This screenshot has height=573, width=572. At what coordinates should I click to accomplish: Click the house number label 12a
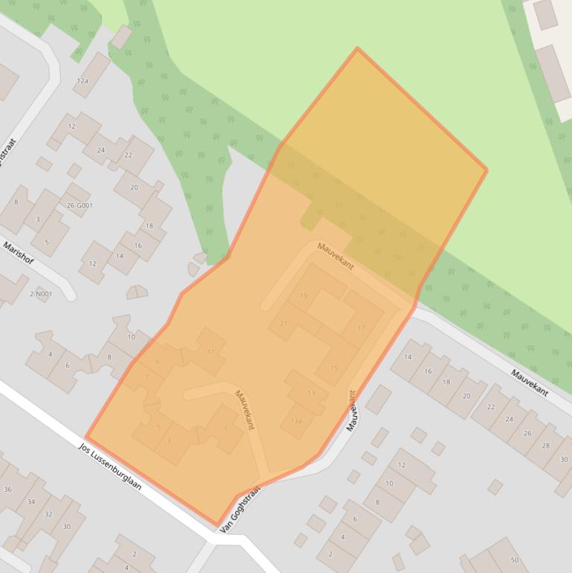[x=83, y=81]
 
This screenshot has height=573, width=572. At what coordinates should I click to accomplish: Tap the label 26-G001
[x=80, y=205]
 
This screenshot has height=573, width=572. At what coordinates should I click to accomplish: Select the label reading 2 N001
[x=41, y=294]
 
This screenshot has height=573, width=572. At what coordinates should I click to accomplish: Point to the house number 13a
[x=297, y=421]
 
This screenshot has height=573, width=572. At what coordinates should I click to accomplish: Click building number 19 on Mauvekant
[x=303, y=295]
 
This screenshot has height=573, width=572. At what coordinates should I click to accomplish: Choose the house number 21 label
[x=283, y=324]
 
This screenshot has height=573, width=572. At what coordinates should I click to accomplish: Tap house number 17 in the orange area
[x=361, y=328]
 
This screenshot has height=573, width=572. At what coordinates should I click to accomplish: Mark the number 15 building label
[x=334, y=368]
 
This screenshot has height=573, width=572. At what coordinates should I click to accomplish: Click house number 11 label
[x=211, y=352]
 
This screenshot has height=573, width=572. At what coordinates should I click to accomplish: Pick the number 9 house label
[x=157, y=362]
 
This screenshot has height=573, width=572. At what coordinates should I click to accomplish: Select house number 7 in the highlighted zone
[x=147, y=377]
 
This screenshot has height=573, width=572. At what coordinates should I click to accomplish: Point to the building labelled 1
[x=225, y=429]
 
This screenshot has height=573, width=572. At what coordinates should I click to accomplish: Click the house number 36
[x=7, y=489]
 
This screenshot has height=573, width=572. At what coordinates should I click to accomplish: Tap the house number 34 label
[x=30, y=502]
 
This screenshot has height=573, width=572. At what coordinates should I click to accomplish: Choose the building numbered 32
[x=48, y=514]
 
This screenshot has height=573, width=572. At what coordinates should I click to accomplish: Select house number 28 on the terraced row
[x=546, y=446]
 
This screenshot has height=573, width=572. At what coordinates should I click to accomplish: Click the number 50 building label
[x=514, y=560]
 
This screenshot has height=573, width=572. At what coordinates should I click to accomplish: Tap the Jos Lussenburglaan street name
[x=110, y=467]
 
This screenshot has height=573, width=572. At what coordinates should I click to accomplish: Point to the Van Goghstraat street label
[x=240, y=510]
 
